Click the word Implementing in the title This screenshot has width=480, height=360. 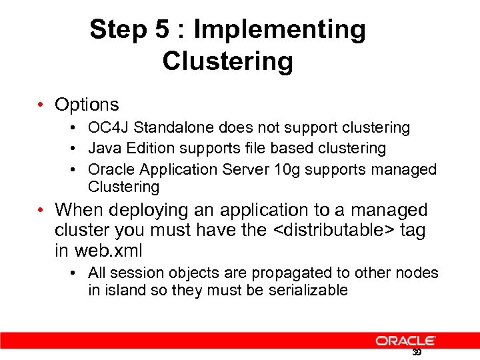[279, 30]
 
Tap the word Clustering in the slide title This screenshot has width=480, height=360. [227, 61]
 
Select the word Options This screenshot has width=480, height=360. [87, 105]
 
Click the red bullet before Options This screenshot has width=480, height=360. [41, 105]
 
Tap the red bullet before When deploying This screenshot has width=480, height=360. [41, 211]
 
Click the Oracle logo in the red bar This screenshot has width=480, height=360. [405, 341]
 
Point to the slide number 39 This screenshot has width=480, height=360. [417, 352]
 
